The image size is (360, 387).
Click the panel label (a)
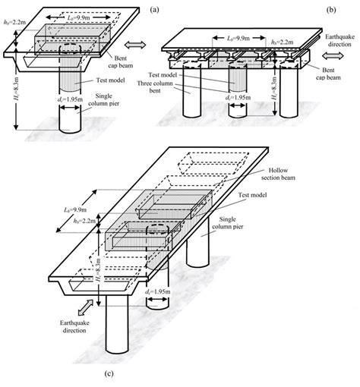(x=154, y=9)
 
